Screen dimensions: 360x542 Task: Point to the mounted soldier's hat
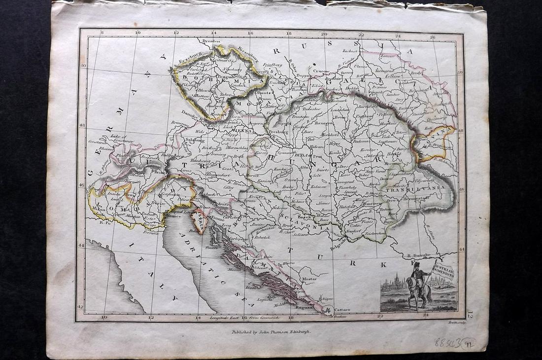[x=416, y=265]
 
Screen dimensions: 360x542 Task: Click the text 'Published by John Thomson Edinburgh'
[x=271, y=332]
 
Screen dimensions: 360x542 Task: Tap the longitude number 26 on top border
[x=433, y=36]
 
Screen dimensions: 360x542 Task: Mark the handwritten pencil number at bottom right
[x=454, y=342]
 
